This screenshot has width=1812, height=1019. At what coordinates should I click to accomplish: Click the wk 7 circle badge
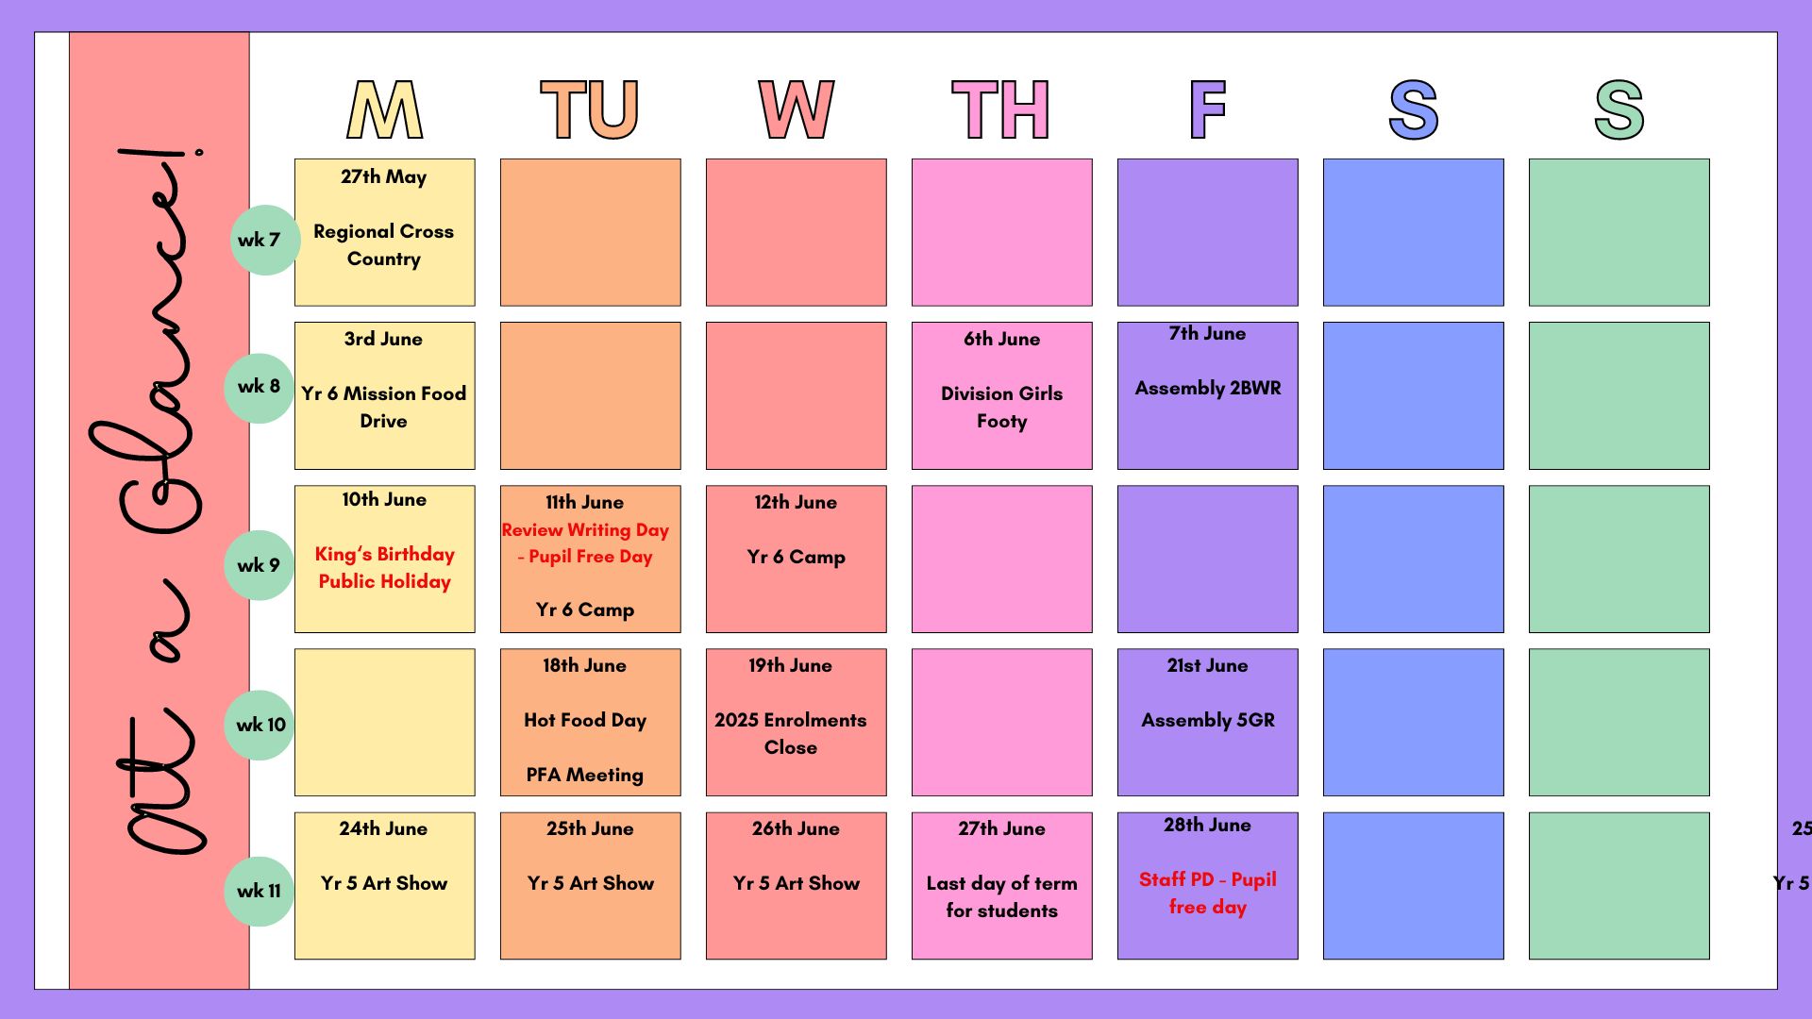click(265, 240)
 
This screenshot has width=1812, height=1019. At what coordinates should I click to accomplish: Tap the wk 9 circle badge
click(260, 565)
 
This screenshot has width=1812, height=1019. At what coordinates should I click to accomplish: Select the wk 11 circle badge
click(260, 891)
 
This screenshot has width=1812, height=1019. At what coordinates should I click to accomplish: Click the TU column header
click(590, 109)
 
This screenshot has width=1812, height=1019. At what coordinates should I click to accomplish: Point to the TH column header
click(1001, 109)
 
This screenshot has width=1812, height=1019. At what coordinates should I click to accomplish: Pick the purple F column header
click(1208, 109)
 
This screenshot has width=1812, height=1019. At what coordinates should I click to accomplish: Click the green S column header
click(1619, 109)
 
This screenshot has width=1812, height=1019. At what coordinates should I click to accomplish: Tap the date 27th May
click(384, 177)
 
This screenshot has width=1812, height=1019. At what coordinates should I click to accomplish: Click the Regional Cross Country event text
click(384, 245)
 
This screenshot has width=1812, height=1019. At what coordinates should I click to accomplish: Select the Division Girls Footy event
click(1002, 408)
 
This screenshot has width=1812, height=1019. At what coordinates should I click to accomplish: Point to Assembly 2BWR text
click(1208, 388)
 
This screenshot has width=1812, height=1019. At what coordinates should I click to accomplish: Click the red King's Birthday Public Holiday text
click(384, 568)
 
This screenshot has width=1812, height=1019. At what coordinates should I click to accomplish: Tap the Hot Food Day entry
click(585, 721)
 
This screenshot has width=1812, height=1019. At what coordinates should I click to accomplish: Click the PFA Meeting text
click(585, 775)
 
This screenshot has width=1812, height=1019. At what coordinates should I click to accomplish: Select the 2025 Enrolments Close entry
click(791, 734)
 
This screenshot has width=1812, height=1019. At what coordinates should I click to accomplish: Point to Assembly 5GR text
click(1208, 720)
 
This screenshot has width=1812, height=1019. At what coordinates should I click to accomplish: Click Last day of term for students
click(1002, 897)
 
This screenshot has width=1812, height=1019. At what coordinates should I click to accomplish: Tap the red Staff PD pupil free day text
click(1208, 894)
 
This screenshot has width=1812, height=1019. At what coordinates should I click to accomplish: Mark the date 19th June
click(791, 665)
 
